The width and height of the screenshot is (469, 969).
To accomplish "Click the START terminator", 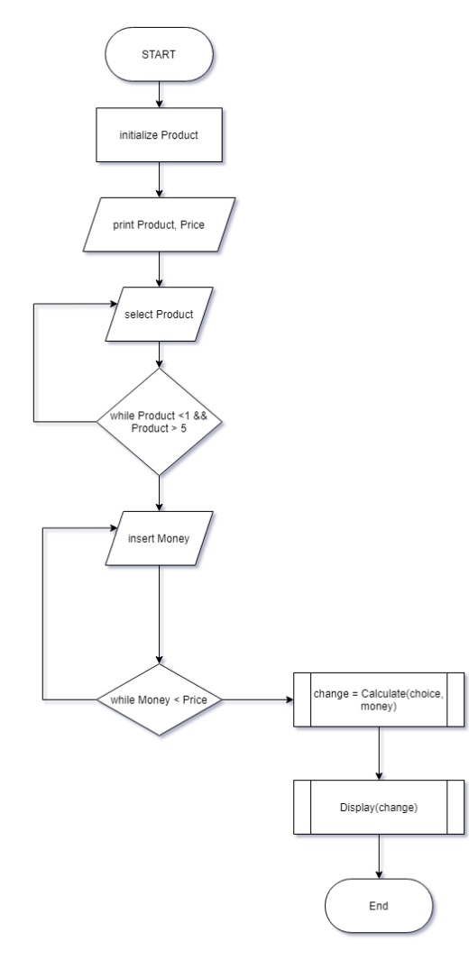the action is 159,54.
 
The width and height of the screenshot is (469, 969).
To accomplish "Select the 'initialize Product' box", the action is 159,134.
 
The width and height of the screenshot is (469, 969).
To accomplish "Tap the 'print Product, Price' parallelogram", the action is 159,225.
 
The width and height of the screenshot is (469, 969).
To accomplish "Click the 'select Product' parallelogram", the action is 159,315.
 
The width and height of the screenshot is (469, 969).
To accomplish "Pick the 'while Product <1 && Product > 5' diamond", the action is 159,422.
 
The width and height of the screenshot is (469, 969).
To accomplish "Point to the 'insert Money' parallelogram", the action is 159,538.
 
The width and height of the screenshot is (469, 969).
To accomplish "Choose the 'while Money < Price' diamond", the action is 159,699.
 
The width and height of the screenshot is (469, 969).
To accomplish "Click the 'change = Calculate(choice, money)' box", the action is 378,699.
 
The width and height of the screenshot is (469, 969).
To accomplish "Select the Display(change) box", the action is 378,807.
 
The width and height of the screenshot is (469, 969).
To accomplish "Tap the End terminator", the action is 378,905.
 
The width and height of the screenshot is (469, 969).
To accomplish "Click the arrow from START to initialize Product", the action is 159,95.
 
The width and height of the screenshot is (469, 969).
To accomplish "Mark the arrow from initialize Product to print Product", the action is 159,180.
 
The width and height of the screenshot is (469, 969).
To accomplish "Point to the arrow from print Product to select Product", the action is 159,270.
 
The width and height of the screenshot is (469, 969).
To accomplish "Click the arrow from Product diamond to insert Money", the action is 159,493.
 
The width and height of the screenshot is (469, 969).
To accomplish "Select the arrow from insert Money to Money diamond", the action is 159,614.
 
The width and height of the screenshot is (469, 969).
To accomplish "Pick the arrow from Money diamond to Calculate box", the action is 257,699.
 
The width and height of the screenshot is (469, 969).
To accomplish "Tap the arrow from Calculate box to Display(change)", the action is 378,754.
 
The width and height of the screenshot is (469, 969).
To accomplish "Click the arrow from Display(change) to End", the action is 378,856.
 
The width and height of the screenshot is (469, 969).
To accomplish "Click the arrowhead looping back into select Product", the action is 114,304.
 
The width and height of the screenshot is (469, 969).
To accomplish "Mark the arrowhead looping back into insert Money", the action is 114,528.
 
